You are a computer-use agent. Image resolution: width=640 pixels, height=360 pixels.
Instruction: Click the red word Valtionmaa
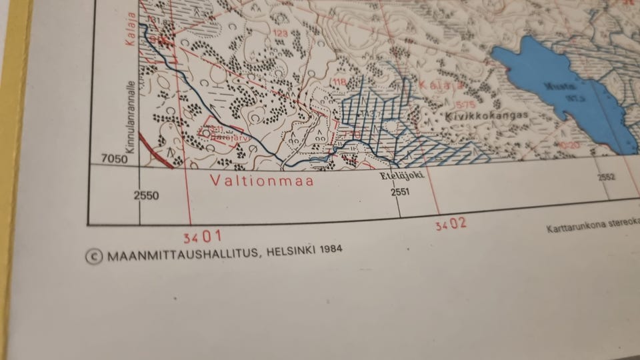[x=261, y=179]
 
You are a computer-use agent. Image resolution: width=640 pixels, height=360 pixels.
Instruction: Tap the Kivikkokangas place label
[x=486, y=115]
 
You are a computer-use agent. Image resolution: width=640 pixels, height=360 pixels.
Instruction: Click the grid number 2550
[x=146, y=195]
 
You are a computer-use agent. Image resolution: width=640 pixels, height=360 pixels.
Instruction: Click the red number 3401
[x=202, y=236]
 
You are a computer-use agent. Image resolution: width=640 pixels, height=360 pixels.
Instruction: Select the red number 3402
[x=451, y=224]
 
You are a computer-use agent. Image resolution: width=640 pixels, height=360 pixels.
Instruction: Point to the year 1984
[x=331, y=249]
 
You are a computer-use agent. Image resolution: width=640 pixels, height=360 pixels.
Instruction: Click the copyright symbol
[x=95, y=257]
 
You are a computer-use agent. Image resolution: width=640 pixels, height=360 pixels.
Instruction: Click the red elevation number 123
[x=280, y=32]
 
